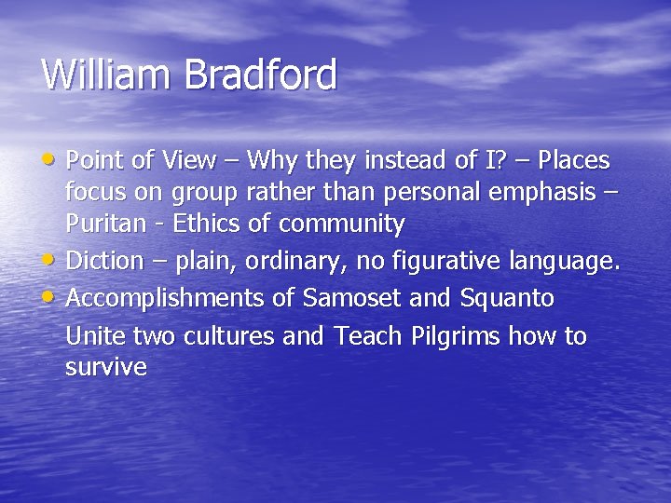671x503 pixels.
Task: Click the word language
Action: (x=566, y=263)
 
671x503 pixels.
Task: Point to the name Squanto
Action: (x=507, y=299)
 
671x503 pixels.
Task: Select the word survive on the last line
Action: (x=106, y=367)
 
